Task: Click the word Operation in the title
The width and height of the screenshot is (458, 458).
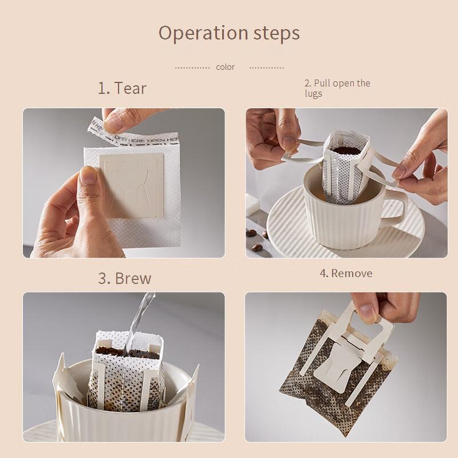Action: tap(204, 33)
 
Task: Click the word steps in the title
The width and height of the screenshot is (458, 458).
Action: tap(277, 33)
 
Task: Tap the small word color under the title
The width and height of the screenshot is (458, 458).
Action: tap(225, 67)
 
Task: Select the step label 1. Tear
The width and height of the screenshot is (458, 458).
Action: tap(122, 88)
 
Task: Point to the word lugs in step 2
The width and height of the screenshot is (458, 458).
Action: tap(313, 94)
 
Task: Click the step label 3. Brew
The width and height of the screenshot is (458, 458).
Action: tap(125, 278)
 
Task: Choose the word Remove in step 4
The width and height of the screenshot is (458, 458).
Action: tap(352, 274)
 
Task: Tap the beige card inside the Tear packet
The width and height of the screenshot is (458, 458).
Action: tap(132, 185)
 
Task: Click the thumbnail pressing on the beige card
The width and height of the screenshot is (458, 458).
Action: tap(89, 175)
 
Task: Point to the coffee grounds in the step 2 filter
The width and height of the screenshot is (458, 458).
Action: tap(346, 150)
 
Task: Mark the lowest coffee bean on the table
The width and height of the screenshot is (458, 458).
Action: tap(256, 248)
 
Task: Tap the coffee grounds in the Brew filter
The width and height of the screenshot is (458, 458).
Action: tap(127, 352)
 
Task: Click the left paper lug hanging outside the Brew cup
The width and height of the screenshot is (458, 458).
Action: tap(64, 377)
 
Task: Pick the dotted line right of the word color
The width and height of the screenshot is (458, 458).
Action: tap(266, 68)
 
